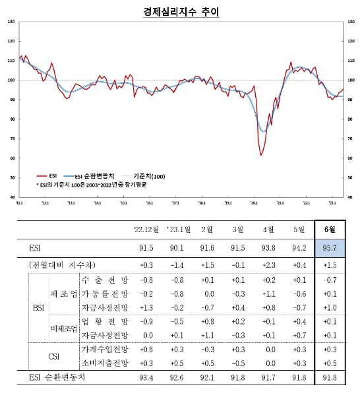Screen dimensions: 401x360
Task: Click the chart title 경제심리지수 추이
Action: pyautogui.click(x=179, y=12)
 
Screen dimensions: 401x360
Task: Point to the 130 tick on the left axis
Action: pyautogui.click(x=11, y=22)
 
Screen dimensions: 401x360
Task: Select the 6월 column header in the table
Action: pyautogui.click(x=330, y=230)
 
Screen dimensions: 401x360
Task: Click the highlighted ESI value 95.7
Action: pyautogui.click(x=330, y=249)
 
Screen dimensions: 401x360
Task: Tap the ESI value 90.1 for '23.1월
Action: pyautogui.click(x=178, y=249)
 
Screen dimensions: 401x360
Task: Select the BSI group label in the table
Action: pyautogui.click(x=40, y=307)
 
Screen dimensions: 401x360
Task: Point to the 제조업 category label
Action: pyautogui.click(x=63, y=293)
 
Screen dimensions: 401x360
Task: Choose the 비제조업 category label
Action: pyautogui.click(x=63, y=327)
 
